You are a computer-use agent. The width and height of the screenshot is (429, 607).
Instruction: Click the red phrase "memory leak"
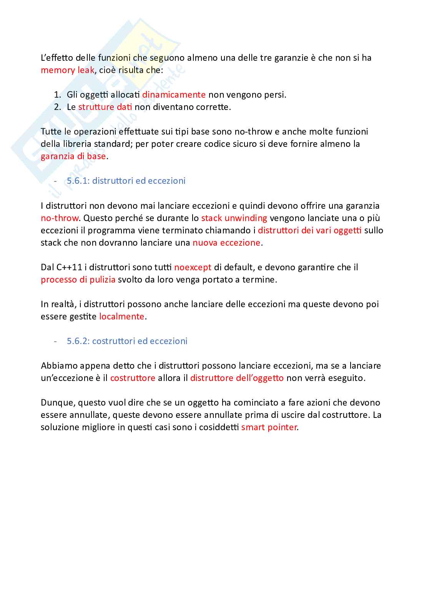click(68, 70)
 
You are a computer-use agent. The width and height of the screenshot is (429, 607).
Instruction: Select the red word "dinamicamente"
click(174, 95)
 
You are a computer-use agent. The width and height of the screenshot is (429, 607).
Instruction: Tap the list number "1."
click(57, 95)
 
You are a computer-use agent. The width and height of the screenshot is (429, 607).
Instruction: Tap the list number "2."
click(57, 107)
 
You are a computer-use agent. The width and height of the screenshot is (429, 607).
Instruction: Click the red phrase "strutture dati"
click(105, 107)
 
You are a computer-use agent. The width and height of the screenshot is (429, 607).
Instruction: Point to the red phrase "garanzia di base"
click(73, 156)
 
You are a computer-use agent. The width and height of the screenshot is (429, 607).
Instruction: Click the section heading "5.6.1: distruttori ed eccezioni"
click(126, 181)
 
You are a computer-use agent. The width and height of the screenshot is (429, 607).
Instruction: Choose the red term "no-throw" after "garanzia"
click(60, 218)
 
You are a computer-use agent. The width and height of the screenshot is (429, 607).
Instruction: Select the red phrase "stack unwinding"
click(234, 218)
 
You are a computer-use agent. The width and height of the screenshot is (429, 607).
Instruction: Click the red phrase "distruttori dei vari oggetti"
click(309, 230)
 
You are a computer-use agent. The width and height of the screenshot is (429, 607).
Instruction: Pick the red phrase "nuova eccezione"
click(226, 243)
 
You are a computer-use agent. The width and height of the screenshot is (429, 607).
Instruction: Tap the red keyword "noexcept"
click(193, 267)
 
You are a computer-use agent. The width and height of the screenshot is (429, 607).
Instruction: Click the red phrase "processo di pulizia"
click(78, 279)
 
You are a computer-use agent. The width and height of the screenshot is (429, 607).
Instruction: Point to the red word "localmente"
click(122, 316)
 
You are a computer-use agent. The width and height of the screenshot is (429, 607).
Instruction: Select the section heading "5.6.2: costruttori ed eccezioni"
click(127, 341)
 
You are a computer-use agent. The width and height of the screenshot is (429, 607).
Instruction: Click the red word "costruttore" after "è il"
click(133, 378)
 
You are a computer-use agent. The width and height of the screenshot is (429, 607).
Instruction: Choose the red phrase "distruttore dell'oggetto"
click(237, 378)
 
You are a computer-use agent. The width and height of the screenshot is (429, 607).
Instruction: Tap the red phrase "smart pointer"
click(269, 427)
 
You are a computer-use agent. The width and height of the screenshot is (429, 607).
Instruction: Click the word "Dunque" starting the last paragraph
click(58, 402)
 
